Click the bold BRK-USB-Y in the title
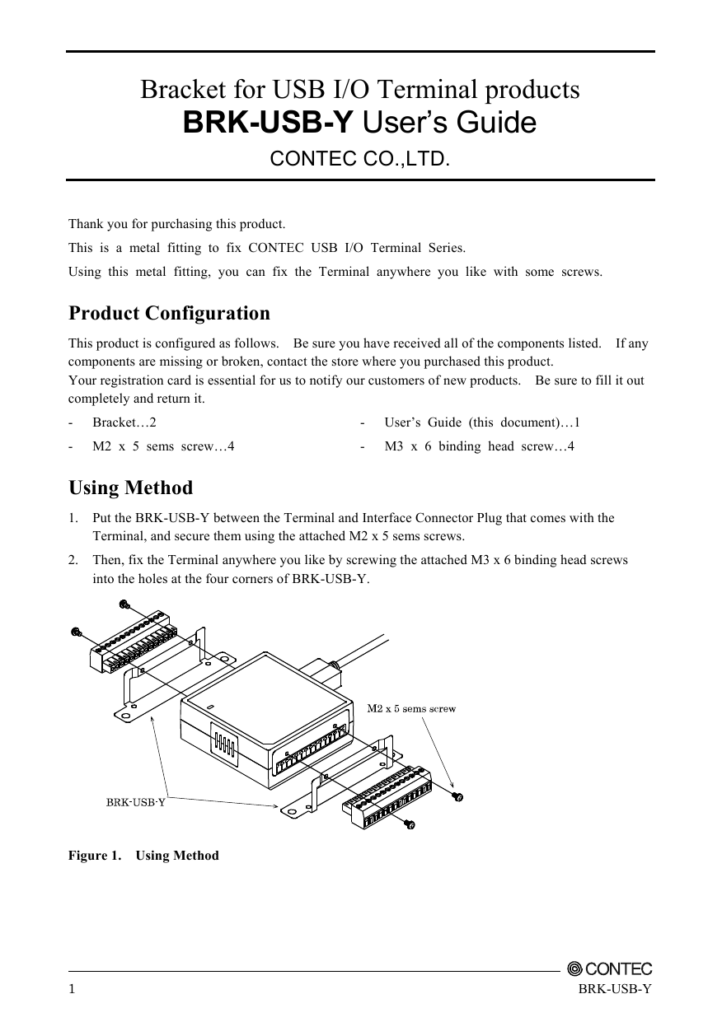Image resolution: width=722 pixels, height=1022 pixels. (269, 124)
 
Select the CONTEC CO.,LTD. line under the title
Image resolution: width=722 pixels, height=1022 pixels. (360, 158)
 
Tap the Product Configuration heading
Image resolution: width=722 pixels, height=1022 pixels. (169, 314)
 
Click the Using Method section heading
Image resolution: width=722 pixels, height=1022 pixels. (130, 488)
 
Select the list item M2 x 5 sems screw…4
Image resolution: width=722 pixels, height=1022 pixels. (163, 446)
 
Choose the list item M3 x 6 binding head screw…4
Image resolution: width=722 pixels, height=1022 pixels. (479, 446)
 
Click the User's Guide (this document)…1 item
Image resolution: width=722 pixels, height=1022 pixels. (482, 422)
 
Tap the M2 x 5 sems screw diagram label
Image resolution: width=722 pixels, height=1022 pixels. (411, 708)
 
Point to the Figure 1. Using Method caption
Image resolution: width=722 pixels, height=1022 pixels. (143, 856)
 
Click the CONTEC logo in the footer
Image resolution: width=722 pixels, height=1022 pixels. (610, 969)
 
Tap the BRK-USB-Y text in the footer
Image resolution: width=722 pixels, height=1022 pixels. (615, 989)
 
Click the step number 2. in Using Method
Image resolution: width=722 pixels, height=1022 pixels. (74, 560)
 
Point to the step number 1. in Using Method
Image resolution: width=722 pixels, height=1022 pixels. (74, 518)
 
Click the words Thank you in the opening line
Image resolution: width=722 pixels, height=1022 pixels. (94, 224)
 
